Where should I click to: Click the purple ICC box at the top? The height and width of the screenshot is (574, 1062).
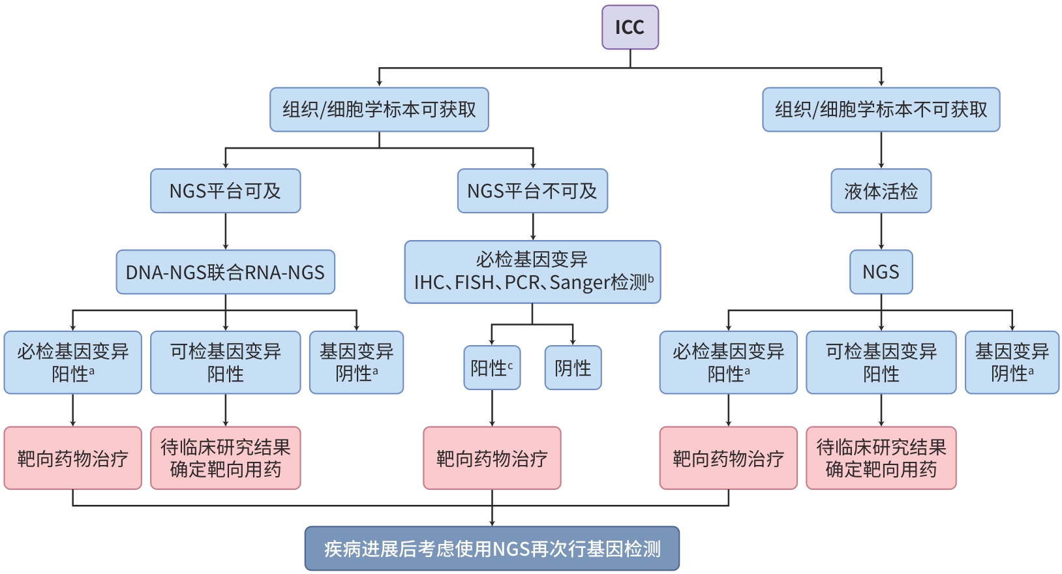pyautogui.click(x=630, y=27)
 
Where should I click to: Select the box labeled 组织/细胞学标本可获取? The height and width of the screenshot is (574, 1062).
pyautogui.click(x=379, y=110)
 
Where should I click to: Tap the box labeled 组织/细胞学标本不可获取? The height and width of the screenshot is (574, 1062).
pyautogui.click(x=881, y=110)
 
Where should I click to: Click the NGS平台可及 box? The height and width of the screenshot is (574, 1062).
pyautogui.click(x=225, y=191)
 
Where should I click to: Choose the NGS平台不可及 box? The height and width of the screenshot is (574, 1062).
pyautogui.click(x=532, y=191)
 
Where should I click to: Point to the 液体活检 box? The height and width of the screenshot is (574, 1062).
pyautogui.click(x=881, y=191)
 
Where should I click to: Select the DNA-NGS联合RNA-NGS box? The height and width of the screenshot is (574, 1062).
pyautogui.click(x=225, y=272)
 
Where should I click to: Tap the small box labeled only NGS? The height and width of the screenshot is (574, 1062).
pyautogui.click(x=881, y=272)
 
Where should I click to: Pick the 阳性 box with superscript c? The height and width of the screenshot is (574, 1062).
pyautogui.click(x=492, y=368)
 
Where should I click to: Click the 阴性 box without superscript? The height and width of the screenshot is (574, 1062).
pyautogui.click(x=573, y=368)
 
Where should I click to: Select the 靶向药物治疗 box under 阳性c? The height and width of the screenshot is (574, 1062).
pyautogui.click(x=492, y=458)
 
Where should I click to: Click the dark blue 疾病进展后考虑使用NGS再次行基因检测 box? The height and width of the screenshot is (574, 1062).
pyautogui.click(x=492, y=549)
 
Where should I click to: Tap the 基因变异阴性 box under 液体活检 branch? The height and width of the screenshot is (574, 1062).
pyautogui.click(x=1012, y=363)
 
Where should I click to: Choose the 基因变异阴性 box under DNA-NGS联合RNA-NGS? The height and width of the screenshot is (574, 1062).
pyautogui.click(x=356, y=363)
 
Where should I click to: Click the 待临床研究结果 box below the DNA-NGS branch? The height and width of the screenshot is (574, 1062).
pyautogui.click(x=225, y=458)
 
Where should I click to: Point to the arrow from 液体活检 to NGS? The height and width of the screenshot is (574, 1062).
pyautogui.click(x=881, y=232)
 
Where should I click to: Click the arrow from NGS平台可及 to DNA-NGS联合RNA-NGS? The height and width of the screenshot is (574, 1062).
pyautogui.click(x=225, y=232)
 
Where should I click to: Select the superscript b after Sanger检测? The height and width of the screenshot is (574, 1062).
pyautogui.click(x=650, y=278)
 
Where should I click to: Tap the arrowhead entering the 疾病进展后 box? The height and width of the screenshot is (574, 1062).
pyautogui.click(x=492, y=522)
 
